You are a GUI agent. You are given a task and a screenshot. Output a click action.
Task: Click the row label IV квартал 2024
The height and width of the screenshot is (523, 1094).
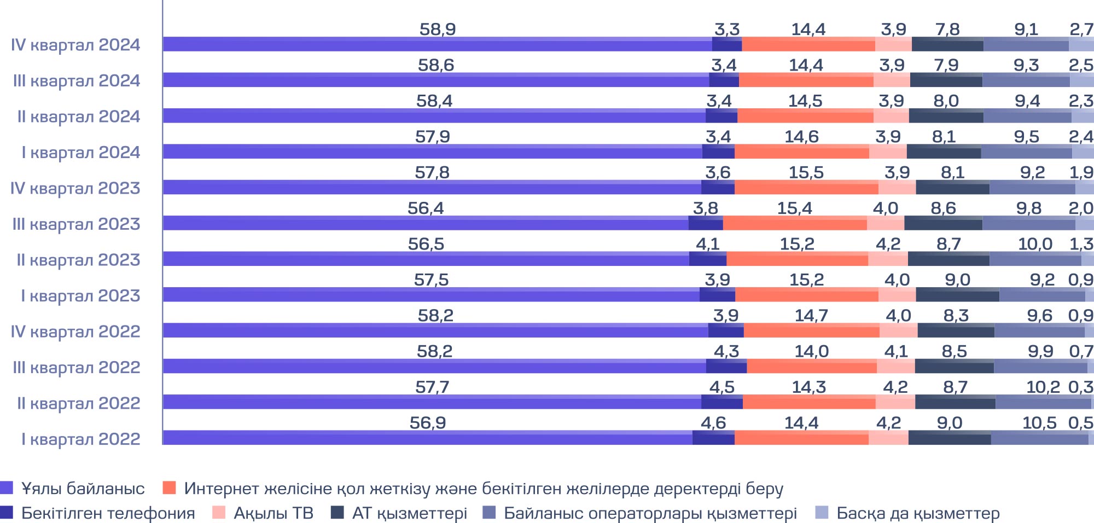point(75,45)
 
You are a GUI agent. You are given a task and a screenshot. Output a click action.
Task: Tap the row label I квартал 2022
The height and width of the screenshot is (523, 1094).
point(80,439)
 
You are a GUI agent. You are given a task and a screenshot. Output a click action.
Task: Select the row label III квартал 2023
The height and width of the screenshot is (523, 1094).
point(76,224)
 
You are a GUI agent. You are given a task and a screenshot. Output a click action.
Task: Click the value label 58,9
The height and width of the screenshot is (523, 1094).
point(438,29)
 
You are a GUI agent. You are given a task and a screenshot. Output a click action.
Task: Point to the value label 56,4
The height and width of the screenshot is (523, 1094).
point(426,208)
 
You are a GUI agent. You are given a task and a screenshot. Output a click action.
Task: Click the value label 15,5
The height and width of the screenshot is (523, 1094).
point(806,172)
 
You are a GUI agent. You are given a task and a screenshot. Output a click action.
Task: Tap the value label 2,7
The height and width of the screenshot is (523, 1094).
point(1081,29)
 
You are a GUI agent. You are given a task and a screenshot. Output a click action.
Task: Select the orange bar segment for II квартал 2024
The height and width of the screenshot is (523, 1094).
point(805,116)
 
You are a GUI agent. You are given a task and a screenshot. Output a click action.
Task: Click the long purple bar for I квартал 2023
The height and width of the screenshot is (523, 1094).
point(431,295)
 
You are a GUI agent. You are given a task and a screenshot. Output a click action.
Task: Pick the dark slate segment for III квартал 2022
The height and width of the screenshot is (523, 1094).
point(954,367)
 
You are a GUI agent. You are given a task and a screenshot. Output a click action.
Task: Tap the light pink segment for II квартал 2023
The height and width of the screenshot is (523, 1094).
point(888,259)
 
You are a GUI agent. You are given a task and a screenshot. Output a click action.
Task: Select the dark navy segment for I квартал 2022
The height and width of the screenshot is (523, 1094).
point(713,438)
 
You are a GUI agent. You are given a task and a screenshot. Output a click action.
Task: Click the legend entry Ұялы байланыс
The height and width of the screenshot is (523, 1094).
point(82,488)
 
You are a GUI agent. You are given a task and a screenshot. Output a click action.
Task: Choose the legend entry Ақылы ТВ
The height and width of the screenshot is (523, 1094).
point(273,513)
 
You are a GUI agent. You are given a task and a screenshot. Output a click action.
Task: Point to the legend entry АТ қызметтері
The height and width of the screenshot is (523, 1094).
point(409,513)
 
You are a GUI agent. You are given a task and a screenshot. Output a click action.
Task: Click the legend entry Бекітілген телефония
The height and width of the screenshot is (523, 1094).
point(108,513)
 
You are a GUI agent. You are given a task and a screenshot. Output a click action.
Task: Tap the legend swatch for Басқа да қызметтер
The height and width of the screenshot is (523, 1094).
point(822,513)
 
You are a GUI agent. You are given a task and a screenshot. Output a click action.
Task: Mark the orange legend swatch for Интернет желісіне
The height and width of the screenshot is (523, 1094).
point(170,488)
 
